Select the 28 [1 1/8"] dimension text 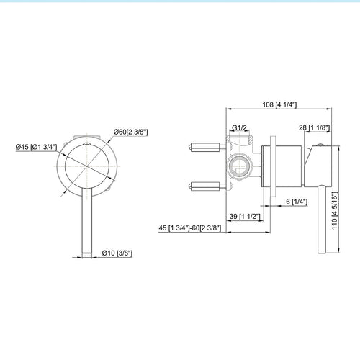pyautogui.click(x=315, y=127)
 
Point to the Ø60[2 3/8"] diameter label pyautogui.click(x=132, y=131)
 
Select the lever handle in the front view pyautogui.click(x=85, y=216)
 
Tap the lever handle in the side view pyautogui.click(x=315, y=216)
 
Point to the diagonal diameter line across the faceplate pyautogui.click(x=85, y=164)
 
